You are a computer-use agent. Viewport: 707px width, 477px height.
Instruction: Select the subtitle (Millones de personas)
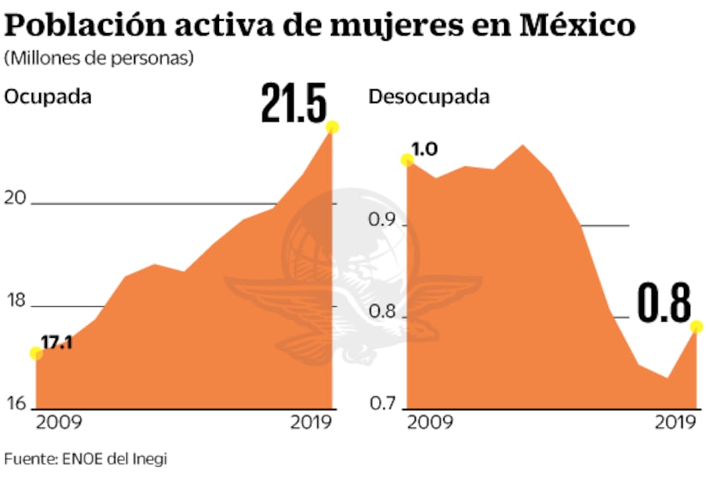tap(99, 58)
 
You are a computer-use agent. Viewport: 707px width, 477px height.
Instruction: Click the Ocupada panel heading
tap(48, 97)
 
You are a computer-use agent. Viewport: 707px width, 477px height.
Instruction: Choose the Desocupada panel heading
tap(429, 97)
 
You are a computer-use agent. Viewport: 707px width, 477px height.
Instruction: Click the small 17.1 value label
tap(56, 342)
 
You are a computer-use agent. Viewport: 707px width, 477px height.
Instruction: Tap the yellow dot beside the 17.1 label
tap(35, 353)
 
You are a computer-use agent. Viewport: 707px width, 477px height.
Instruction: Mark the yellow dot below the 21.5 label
tap(332, 127)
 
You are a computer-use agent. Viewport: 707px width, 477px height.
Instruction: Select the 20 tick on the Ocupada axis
tap(17, 198)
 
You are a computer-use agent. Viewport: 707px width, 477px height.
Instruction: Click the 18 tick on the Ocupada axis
tap(17, 301)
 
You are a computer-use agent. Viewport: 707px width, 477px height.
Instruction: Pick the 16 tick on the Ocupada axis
tap(17, 403)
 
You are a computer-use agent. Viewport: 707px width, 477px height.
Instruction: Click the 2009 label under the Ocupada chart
tap(61, 422)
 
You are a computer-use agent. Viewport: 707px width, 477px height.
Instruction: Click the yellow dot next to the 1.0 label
tap(407, 160)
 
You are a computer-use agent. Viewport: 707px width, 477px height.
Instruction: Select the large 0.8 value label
tap(666, 305)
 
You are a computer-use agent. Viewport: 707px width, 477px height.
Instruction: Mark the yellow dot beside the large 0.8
tap(697, 327)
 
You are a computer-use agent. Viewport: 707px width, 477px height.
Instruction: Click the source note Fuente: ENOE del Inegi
tap(85, 458)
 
